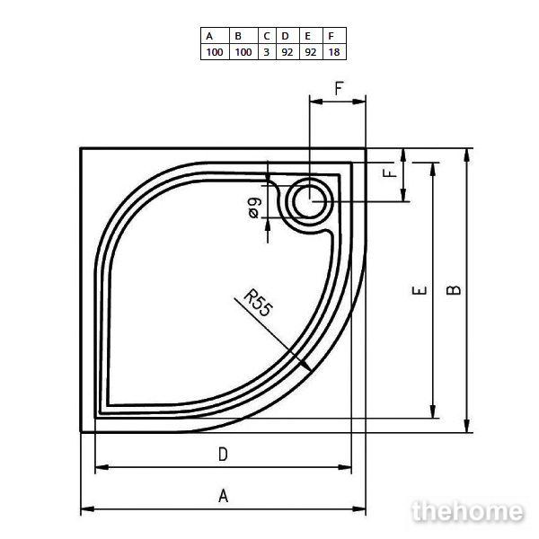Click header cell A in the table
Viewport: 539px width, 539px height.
pos(215,35)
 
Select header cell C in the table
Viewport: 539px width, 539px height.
pos(267,35)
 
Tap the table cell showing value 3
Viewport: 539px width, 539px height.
pos(267,52)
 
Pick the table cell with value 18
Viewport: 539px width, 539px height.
pos(334,52)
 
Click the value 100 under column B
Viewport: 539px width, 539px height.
pos(243,52)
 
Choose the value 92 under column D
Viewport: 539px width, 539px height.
pos(287,52)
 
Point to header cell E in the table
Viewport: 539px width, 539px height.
pos(311,35)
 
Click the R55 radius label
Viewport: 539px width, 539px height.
pos(259,304)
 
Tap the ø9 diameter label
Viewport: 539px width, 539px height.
pos(255,208)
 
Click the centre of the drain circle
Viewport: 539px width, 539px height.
pos(310,201)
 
